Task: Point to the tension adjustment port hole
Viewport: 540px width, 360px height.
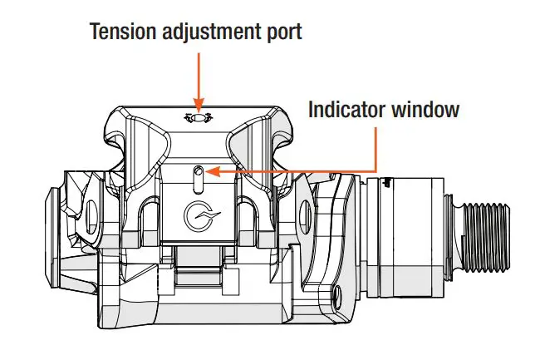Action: pyautogui.click(x=199, y=120)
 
